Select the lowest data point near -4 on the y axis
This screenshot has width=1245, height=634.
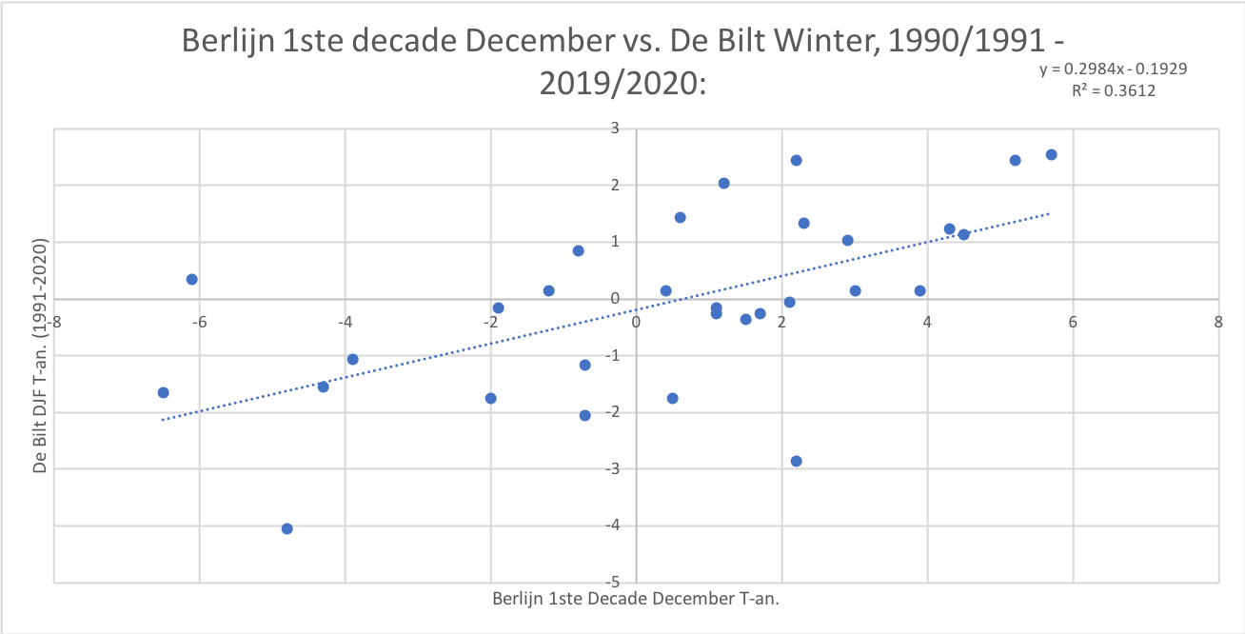[287, 528]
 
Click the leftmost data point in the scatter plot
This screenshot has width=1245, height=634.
[163, 392]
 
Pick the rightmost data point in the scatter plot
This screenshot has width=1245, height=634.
[1051, 154]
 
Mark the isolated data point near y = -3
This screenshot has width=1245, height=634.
[796, 461]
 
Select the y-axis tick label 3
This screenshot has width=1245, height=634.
[616, 128]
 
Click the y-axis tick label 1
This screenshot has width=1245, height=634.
[616, 242]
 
